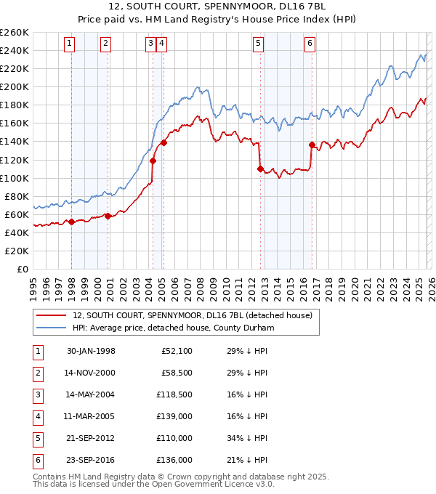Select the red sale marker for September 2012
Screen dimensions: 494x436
[260, 169]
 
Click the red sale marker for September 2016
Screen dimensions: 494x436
[312, 145]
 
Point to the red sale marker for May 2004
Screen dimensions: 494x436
[153, 161]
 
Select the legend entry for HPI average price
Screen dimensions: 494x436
[172, 328]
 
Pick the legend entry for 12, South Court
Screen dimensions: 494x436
[192, 315]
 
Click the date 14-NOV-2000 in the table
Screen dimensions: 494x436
[91, 373]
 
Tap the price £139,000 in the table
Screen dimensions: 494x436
[174, 417]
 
